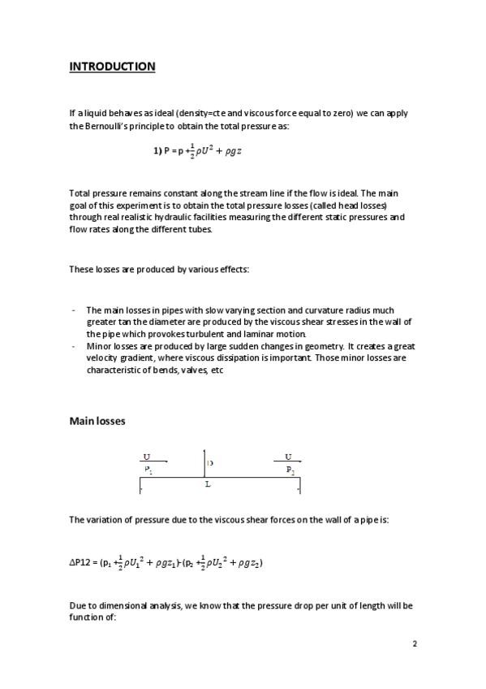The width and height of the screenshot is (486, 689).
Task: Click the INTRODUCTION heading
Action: tap(112, 67)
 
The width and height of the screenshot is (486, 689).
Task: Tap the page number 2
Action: tap(414, 643)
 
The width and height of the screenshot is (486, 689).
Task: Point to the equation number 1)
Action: tap(158, 152)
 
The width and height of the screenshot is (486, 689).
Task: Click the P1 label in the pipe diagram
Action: tap(148, 469)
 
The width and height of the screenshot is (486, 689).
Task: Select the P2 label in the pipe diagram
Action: tap(290, 469)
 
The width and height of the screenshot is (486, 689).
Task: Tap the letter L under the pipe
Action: tap(208, 484)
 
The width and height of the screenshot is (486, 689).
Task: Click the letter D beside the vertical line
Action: tap(210, 462)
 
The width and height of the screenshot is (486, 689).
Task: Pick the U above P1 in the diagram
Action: tap(146, 457)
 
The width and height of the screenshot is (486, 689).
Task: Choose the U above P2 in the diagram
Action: tap(288, 457)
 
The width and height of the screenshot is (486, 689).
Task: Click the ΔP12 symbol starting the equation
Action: tap(83, 562)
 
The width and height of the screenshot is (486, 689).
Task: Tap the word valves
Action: tap(178, 370)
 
